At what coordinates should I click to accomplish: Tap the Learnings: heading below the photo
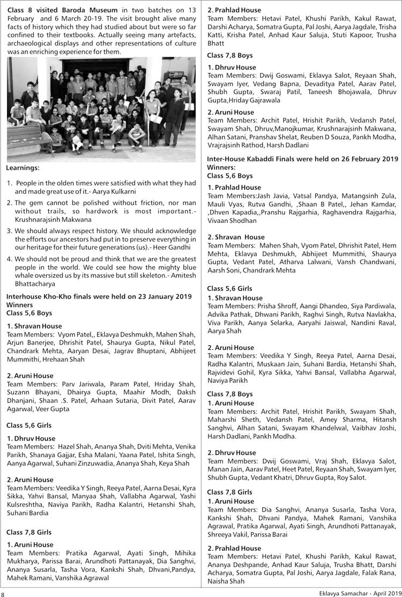pyautogui.click(x=23, y=168)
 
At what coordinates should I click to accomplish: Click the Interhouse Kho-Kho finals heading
pyautogui.click(x=99, y=296)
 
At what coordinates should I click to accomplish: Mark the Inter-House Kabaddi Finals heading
pyautogui.click(x=302, y=159)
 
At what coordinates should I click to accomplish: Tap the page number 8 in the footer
pyautogui.click(x=3, y=593)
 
